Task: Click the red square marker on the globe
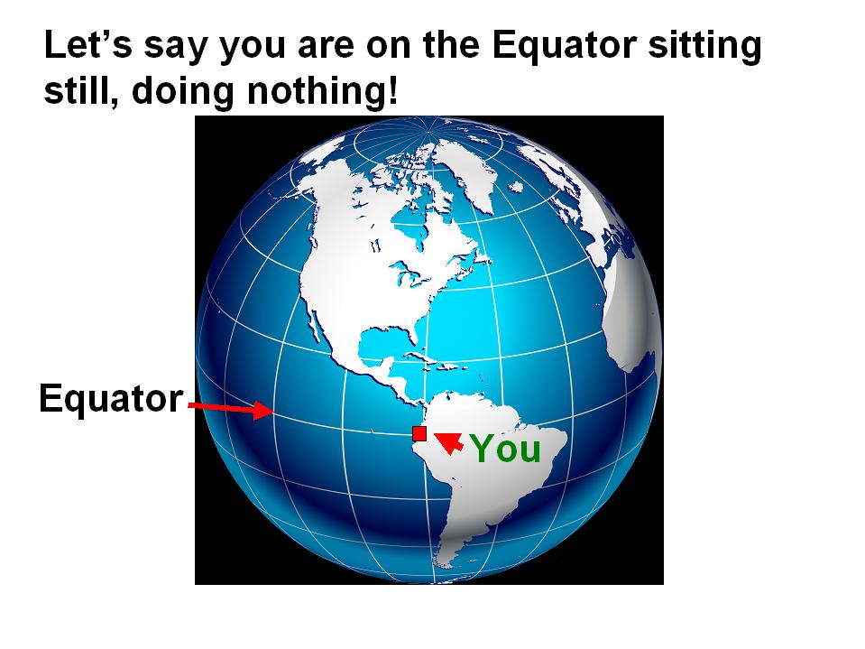(419, 434)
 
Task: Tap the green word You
(506, 448)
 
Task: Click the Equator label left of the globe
(111, 398)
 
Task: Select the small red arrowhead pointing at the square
(449, 441)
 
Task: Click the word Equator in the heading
(565, 45)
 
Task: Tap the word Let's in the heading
(87, 44)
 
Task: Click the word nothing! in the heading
(322, 90)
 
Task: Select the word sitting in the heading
(704, 45)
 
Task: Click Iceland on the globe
(516, 187)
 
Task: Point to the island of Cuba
(427, 359)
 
